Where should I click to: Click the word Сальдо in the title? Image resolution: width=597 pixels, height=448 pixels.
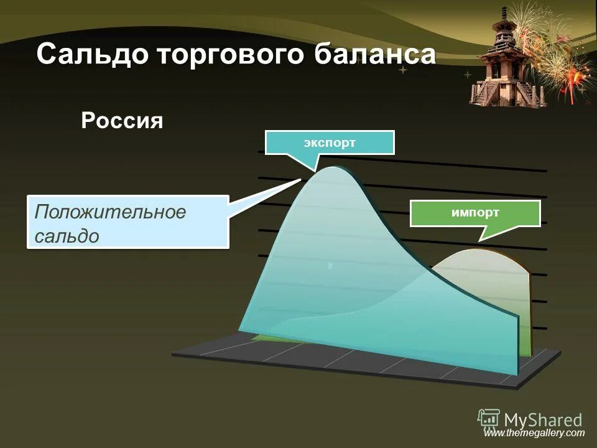click(x=93, y=55)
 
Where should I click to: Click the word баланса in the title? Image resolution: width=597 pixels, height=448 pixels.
click(x=374, y=55)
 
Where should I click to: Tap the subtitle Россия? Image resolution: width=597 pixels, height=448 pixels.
click(x=122, y=120)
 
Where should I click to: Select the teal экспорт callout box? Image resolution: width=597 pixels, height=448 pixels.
click(x=330, y=142)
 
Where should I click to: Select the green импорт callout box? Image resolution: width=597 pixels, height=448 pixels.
click(x=475, y=213)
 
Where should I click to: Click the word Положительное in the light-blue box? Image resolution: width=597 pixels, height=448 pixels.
click(x=110, y=212)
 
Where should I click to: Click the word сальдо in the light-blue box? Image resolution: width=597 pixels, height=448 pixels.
click(x=67, y=235)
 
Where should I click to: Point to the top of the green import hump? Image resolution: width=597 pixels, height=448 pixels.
click(x=479, y=250)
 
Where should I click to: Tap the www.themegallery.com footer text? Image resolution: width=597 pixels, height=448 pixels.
click(x=534, y=433)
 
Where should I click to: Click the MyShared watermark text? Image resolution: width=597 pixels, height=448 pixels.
click(x=543, y=420)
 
